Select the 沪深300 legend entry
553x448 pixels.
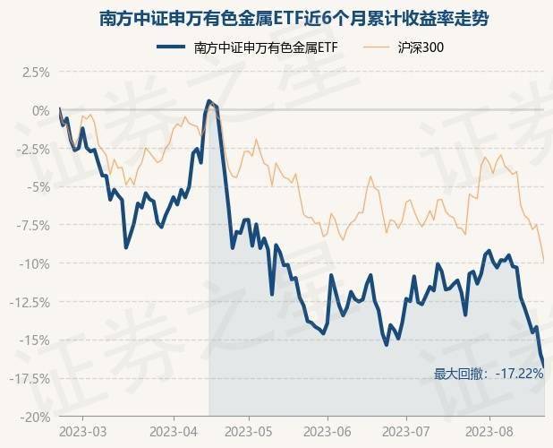(420, 47)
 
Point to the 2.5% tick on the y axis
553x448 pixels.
(34, 73)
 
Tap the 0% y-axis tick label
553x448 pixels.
(40, 111)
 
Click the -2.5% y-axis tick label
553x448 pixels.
(32, 149)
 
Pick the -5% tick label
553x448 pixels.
(38, 187)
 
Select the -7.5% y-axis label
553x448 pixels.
(32, 226)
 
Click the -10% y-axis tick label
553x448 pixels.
(35, 264)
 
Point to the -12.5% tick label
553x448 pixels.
(30, 302)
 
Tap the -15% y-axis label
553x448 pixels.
(35, 340)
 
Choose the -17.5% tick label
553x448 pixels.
(30, 379)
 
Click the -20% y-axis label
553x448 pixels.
(35, 417)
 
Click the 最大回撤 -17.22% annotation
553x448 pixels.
(488, 373)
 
